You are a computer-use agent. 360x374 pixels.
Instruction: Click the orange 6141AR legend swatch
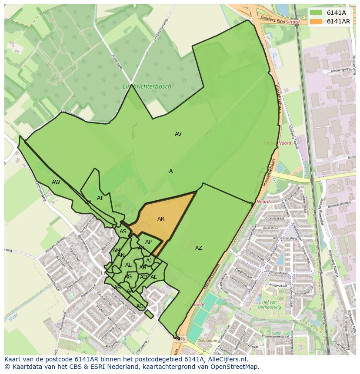(316, 21)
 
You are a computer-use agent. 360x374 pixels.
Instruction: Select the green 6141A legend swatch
(316, 13)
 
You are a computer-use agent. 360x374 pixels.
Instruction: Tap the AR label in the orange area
(161, 219)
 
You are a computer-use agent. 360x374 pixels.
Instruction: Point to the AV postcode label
(178, 134)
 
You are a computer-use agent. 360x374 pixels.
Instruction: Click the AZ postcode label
(198, 248)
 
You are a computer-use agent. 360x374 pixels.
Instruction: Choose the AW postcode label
(56, 182)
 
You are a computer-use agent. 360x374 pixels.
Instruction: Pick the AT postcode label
(100, 198)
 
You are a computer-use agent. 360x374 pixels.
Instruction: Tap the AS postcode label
(123, 232)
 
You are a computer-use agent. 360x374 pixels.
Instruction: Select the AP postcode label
(148, 242)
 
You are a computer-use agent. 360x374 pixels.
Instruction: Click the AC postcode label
(140, 306)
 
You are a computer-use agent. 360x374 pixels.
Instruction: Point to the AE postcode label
(153, 277)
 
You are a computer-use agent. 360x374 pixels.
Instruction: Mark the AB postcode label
(117, 288)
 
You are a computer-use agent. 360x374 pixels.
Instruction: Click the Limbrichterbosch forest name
(147, 86)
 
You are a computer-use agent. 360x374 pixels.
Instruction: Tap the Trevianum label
(207, 341)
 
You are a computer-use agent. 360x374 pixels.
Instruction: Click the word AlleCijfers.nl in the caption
(223, 359)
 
